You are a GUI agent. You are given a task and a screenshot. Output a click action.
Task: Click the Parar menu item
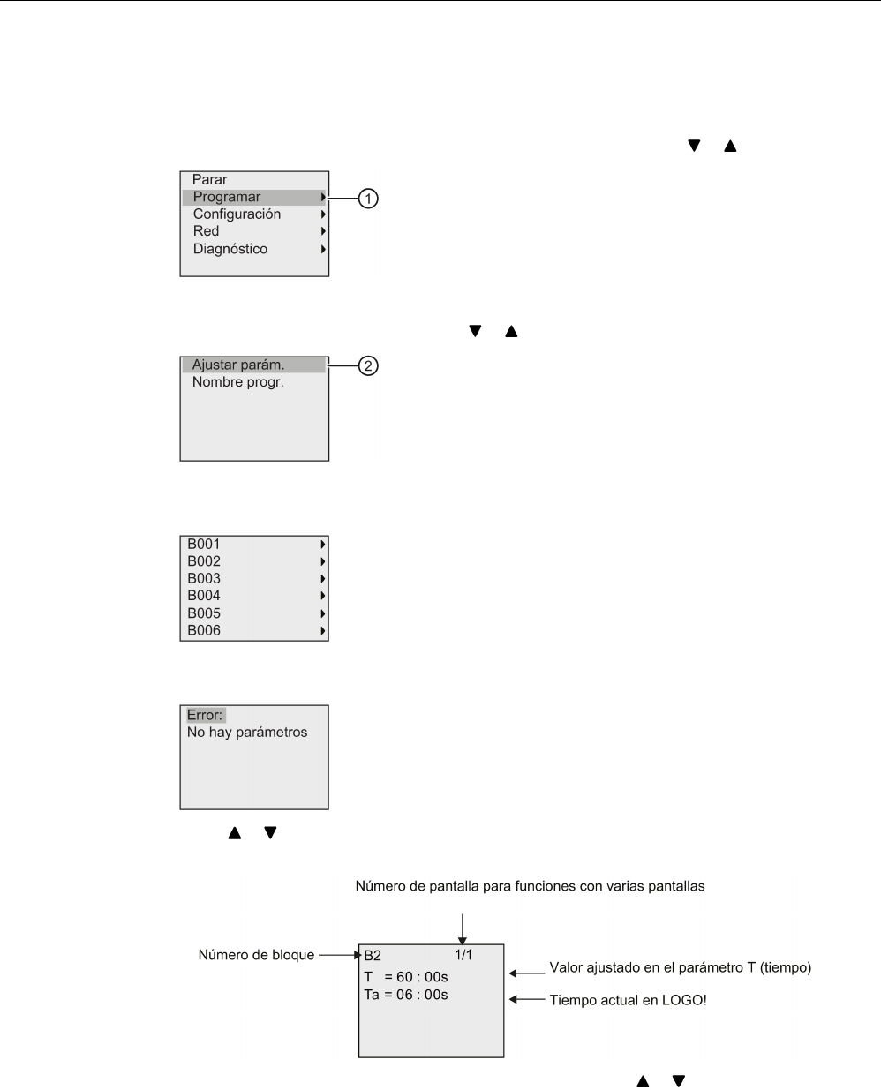[x=210, y=180]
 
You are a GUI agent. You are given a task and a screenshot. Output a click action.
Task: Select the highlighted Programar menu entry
[x=227, y=197]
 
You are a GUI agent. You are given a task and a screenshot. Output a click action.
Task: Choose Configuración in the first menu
[x=237, y=214]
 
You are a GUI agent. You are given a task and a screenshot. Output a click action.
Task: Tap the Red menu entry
[x=206, y=231]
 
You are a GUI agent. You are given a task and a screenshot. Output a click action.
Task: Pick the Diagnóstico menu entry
[x=230, y=249]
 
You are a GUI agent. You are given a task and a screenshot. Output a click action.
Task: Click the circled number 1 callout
[x=368, y=199]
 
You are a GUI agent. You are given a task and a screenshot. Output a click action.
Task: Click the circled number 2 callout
[x=368, y=365]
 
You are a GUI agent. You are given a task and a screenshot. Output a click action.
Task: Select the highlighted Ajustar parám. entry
[x=238, y=365]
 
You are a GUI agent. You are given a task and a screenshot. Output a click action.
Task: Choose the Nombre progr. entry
[x=238, y=383]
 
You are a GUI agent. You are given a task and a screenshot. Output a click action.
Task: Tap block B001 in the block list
[x=204, y=545]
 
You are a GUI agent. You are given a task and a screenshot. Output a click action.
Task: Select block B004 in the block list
[x=204, y=596]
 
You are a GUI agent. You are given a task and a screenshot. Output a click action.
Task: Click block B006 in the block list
[x=204, y=630]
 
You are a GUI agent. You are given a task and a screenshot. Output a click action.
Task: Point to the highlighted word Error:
[x=205, y=715]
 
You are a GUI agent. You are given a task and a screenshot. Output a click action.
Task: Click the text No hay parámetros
[x=247, y=733]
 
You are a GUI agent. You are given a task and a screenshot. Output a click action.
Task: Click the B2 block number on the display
[x=373, y=956]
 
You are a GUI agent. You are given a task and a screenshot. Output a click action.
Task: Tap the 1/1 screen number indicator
[x=464, y=955]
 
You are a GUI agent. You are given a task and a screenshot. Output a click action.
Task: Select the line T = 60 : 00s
[x=406, y=977]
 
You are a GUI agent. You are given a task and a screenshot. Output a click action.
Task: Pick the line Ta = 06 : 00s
[x=406, y=995]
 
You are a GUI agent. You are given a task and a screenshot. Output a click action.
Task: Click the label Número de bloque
[x=256, y=955]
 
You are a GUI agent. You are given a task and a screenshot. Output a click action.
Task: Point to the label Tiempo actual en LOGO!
[x=628, y=1001]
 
